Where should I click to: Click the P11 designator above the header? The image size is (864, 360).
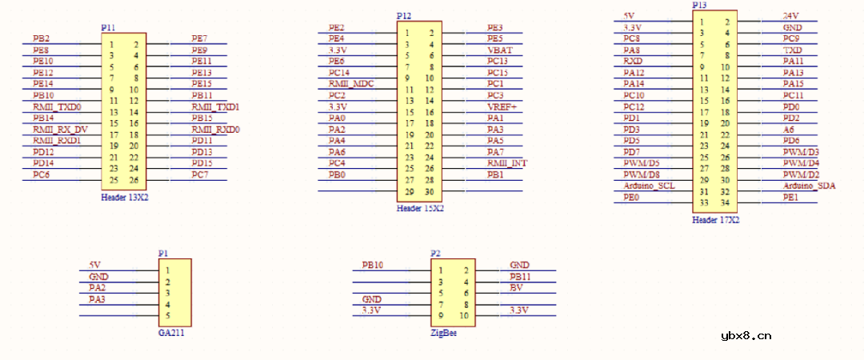tap(108, 27)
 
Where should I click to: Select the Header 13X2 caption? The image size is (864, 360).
tap(125, 196)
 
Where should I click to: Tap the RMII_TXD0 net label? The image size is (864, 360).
tap(57, 106)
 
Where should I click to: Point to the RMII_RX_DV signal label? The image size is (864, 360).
tap(60, 129)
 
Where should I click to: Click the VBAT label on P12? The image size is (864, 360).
tap(500, 50)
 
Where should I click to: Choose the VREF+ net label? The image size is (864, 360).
tap(502, 106)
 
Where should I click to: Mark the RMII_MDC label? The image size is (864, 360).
tap(351, 83)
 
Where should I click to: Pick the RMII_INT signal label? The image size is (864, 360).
tap(507, 163)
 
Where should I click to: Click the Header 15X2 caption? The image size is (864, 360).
tap(420, 208)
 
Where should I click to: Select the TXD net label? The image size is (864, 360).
tap(793, 50)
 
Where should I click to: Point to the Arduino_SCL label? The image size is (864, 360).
tap(650, 186)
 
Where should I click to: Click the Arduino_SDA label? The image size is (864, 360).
tap(810, 186)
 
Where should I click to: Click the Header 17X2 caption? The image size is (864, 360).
tap(716, 219)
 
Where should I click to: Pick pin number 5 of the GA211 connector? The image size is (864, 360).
tap(167, 315)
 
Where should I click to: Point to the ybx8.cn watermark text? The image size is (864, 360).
tap(746, 336)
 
